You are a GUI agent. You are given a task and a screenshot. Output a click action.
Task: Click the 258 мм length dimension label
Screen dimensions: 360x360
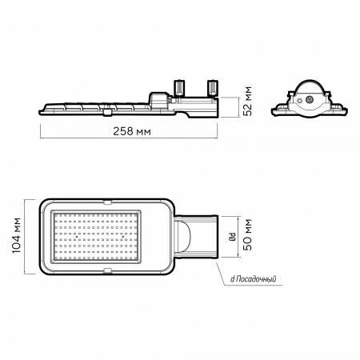(132, 131)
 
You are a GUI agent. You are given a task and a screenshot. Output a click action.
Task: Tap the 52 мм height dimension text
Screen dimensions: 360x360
(248, 101)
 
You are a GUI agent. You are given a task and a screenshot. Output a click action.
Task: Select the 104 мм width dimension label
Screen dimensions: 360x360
(17, 236)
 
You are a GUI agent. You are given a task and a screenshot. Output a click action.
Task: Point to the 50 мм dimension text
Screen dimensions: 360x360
(248, 234)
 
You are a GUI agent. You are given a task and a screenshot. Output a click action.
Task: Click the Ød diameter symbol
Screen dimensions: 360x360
(233, 237)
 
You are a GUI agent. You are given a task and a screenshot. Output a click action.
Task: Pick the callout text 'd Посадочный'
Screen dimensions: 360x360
(254, 279)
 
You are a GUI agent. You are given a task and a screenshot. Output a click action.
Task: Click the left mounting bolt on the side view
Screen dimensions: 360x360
(179, 87)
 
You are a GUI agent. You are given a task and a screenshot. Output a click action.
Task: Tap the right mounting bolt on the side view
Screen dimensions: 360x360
(213, 87)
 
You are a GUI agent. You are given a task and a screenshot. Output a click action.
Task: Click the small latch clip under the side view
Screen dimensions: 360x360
(107, 112)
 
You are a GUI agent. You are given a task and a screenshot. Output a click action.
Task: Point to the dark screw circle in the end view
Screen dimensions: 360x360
(310, 99)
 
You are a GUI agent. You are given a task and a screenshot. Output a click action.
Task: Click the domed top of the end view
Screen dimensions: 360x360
(310, 84)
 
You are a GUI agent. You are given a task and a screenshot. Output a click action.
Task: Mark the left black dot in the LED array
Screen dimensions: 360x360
(77, 237)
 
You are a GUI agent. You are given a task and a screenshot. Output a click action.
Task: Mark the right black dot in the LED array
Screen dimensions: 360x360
(123, 237)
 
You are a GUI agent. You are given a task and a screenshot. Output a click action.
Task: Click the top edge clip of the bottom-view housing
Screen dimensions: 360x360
(107, 202)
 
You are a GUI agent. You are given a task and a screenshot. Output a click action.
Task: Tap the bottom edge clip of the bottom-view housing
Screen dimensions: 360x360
(107, 270)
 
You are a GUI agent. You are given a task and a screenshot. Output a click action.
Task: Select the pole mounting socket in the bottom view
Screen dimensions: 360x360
(196, 237)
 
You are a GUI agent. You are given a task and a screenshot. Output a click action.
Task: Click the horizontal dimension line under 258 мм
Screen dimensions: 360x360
(129, 138)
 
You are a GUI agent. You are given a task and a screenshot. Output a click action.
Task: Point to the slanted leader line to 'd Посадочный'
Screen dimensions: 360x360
(220, 274)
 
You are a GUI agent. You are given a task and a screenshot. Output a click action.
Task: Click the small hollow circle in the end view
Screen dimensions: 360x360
(300, 101)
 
